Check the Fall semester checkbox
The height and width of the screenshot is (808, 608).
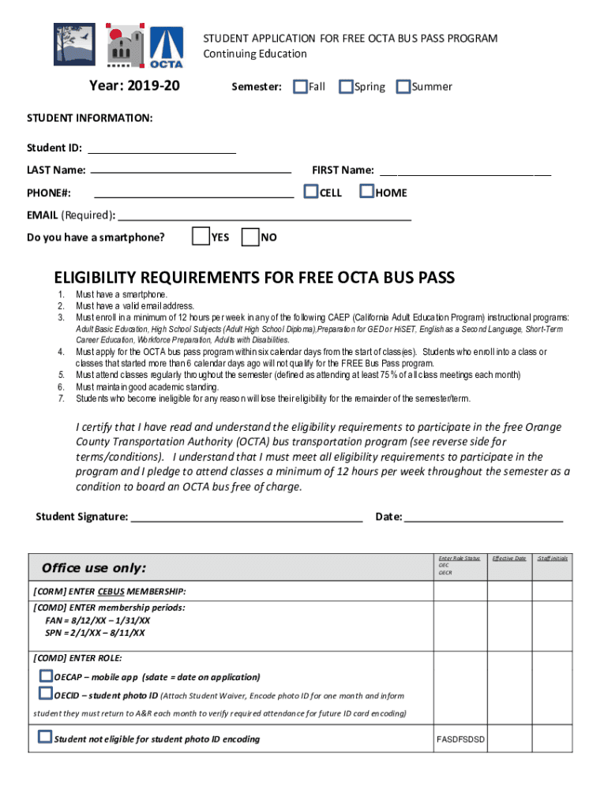[x=300, y=86]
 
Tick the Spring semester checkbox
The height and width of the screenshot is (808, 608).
[x=346, y=86]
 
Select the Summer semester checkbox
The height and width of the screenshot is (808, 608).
[x=403, y=86]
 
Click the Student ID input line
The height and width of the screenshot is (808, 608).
[x=161, y=148]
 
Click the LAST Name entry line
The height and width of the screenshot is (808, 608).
[x=190, y=170]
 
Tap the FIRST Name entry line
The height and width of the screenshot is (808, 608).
[x=465, y=170]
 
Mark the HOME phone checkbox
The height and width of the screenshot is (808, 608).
[x=367, y=192]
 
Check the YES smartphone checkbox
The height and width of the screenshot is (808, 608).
[x=201, y=237]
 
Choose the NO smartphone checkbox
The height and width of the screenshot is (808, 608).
[x=250, y=237]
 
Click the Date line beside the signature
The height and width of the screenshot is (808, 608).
[x=483, y=517]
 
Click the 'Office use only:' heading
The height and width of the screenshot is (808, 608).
[x=94, y=568]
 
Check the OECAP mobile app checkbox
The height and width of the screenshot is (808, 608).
[x=46, y=676]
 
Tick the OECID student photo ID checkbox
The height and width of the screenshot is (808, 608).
[x=46, y=694]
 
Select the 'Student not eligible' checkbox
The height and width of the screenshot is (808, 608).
[x=46, y=738]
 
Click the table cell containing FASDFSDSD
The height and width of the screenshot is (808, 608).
[x=460, y=739]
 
